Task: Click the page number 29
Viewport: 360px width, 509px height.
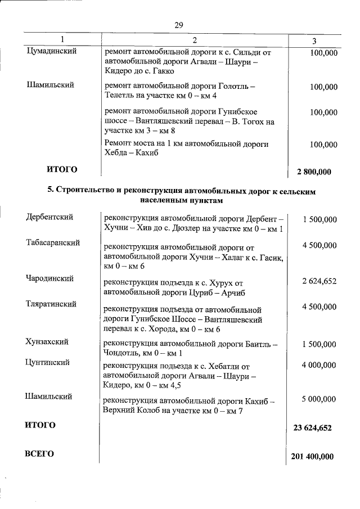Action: (179, 25)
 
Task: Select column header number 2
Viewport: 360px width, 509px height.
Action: (195, 40)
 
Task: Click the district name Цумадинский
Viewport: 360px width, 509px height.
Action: (52, 51)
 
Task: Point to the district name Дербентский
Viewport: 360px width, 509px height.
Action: (49, 217)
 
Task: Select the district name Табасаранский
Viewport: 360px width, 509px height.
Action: (53, 242)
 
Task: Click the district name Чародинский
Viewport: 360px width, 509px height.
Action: (49, 278)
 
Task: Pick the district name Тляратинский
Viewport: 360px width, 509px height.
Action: (51, 304)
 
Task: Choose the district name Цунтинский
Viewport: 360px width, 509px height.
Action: (48, 363)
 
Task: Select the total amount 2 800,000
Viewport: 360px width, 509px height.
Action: (310, 172)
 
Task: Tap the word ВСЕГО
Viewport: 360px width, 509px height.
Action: (39, 454)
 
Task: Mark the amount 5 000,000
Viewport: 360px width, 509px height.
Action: (319, 399)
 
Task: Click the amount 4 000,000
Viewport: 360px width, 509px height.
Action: (319, 366)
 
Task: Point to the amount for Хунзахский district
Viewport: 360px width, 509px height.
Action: (319, 344)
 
